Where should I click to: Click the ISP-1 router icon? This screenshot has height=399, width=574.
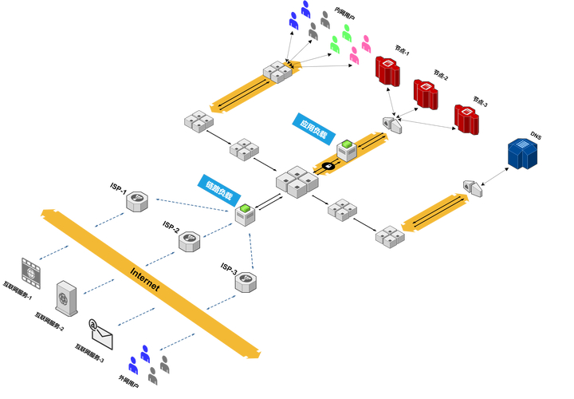coord(138,201)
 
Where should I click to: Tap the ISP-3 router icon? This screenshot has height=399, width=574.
coord(246,281)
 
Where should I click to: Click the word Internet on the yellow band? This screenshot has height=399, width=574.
coord(145,276)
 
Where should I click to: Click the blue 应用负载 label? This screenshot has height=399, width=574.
coord(312,127)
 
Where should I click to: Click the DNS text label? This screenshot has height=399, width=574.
coord(536,136)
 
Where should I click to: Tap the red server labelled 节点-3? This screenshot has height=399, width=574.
coord(466,118)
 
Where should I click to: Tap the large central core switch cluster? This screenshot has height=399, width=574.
coord(297,182)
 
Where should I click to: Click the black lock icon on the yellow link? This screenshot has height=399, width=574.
coord(327,166)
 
